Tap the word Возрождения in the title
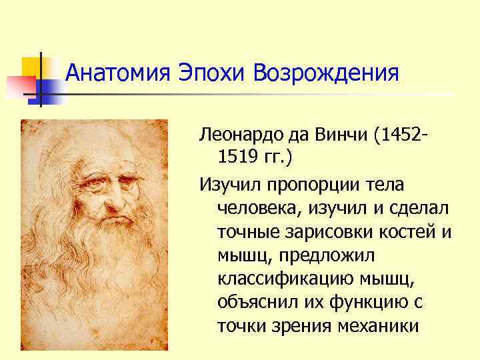pyautogui.click(x=327, y=73)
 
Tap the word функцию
pyautogui.click(x=364, y=302)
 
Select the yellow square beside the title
pyautogui.click(x=33, y=67)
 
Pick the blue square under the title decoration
pyautogui.click(x=53, y=91)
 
